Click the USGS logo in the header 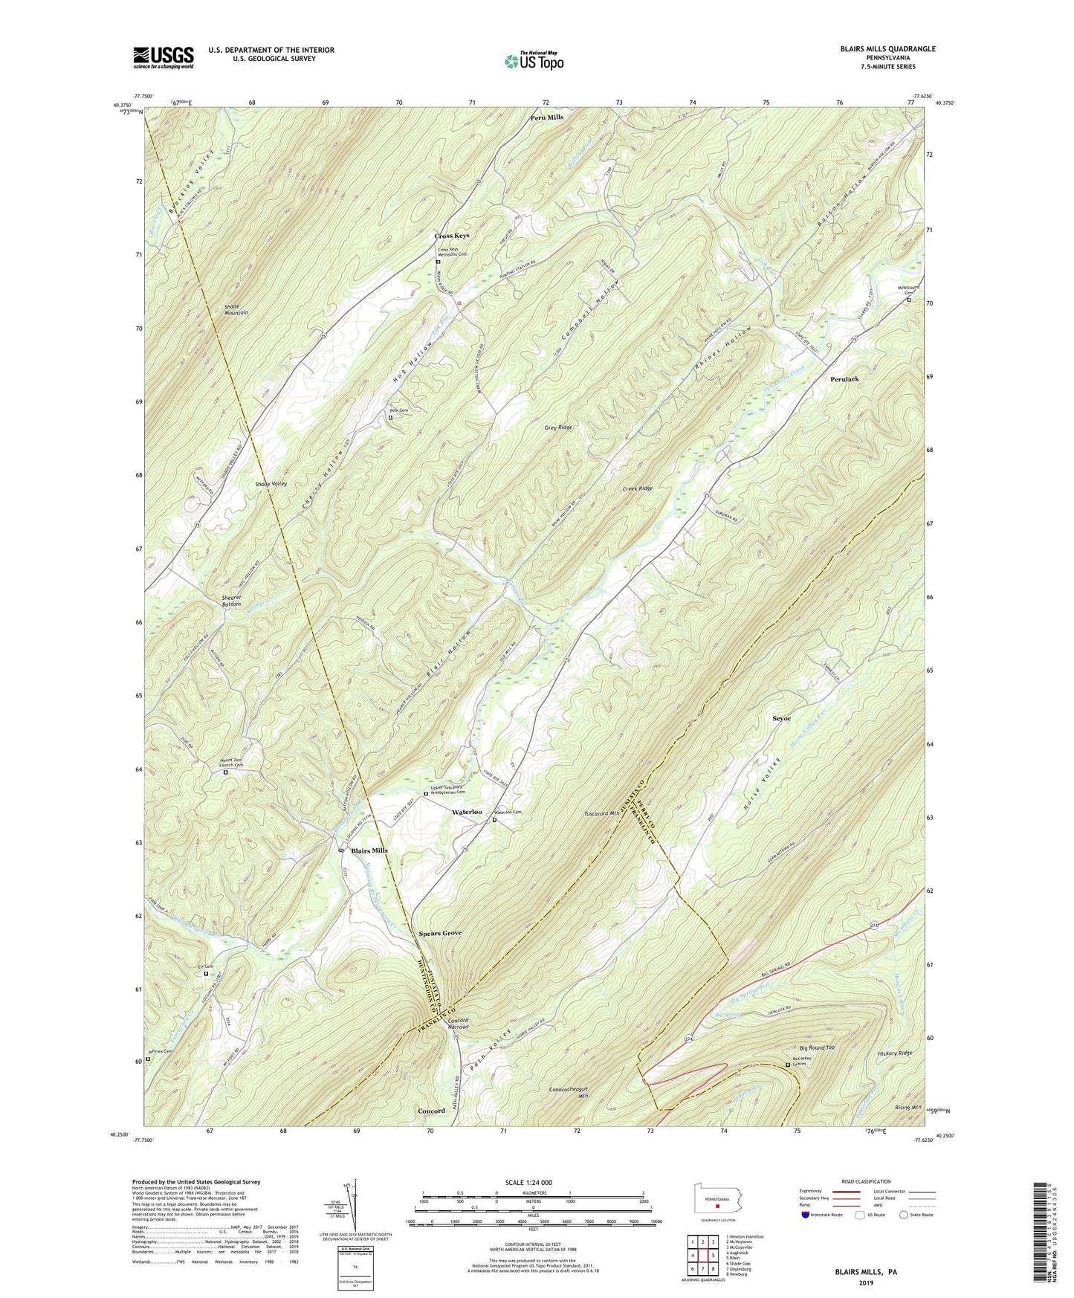point(164,57)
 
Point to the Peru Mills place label point(546,117)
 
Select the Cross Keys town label point(452,236)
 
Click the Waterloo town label point(467,813)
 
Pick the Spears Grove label point(440,933)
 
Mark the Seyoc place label point(781,719)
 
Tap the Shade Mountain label point(236,310)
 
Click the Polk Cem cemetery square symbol point(390,418)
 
